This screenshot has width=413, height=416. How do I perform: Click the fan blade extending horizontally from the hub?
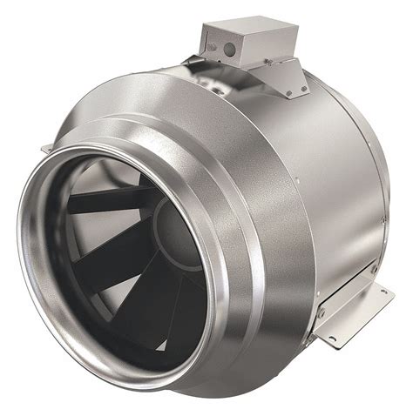pyautogui.click(x=105, y=203)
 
